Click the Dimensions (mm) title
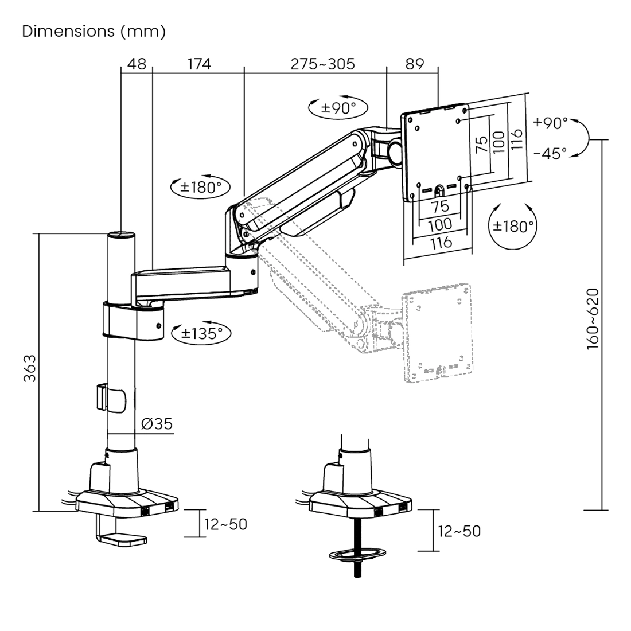pos(94,31)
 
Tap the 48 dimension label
pos(137,64)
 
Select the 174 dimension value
pos(199,64)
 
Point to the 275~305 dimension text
pos(322,64)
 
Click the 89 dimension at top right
pos(414,64)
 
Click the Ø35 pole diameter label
pos(156,424)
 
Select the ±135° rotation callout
pos(198,333)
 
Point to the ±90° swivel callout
pos(338,107)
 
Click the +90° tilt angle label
pos(550,123)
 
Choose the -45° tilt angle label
pos(550,153)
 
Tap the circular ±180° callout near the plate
pos(513,226)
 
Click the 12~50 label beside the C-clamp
pos(226,524)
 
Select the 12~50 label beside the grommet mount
pos(459,531)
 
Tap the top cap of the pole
pos(122,234)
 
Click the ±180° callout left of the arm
pos(201,187)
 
